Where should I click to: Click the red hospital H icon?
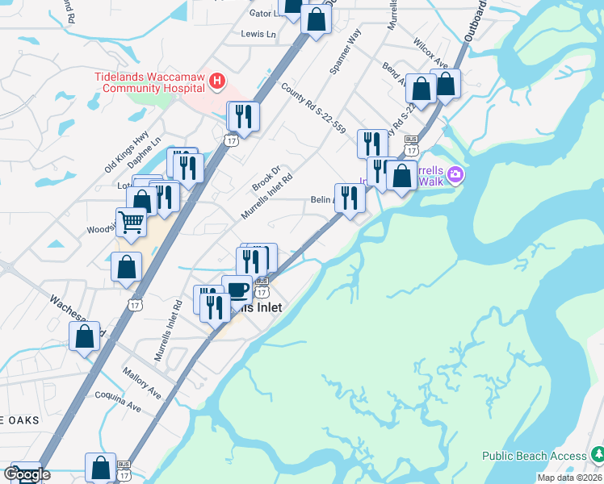[x=216, y=81]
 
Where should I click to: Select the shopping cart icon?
[x=132, y=223]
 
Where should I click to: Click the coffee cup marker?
[x=237, y=290]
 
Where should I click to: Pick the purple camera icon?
[x=455, y=174]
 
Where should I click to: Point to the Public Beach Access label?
[x=535, y=456]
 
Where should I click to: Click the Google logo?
[x=27, y=474]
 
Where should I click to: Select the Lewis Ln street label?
[x=258, y=35]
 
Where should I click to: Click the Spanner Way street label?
[x=344, y=54]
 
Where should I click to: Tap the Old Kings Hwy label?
[x=127, y=152]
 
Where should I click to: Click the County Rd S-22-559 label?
[x=313, y=107]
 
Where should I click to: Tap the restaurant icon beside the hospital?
[x=243, y=116]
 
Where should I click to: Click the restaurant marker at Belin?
[x=349, y=198]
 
